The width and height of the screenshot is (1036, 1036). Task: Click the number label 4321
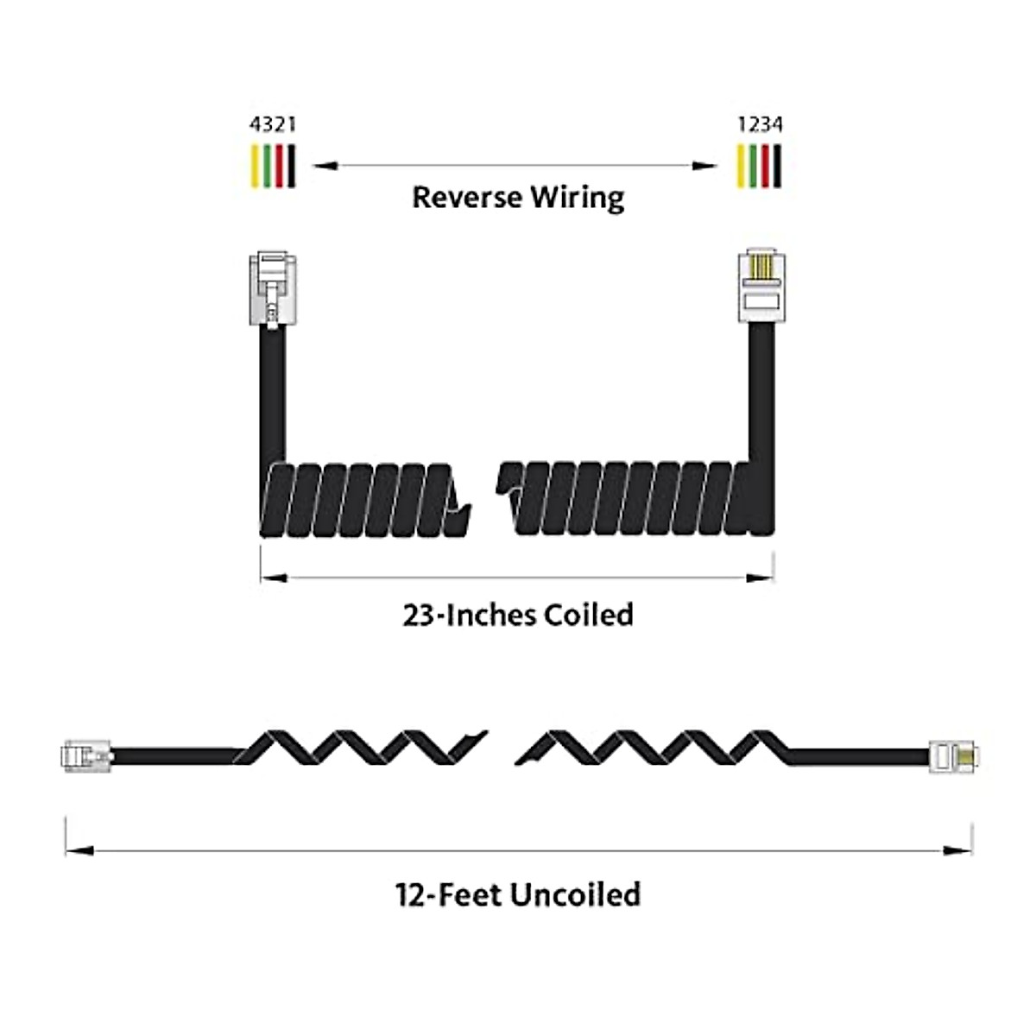[x=273, y=124]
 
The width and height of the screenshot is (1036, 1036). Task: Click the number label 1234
[x=760, y=124]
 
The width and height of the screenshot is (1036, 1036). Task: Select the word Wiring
[x=577, y=199]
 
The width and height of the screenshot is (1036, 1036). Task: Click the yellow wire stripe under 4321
[x=255, y=166]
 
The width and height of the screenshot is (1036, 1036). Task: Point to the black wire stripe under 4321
[x=292, y=166]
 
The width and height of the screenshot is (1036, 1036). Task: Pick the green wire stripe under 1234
[x=754, y=166]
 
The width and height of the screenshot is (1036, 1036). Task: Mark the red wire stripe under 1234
[x=766, y=166]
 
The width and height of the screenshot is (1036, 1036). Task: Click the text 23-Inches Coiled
[x=518, y=615]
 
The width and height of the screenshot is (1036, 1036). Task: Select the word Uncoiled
[x=575, y=894]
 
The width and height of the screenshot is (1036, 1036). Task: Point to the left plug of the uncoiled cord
[x=86, y=755]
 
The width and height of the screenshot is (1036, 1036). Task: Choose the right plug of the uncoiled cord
[x=955, y=755]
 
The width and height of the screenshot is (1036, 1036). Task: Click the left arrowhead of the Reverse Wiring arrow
[x=325, y=166]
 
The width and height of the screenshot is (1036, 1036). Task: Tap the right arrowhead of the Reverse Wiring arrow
[x=706, y=166]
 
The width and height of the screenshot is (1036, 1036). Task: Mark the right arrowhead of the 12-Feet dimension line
[x=959, y=851]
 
